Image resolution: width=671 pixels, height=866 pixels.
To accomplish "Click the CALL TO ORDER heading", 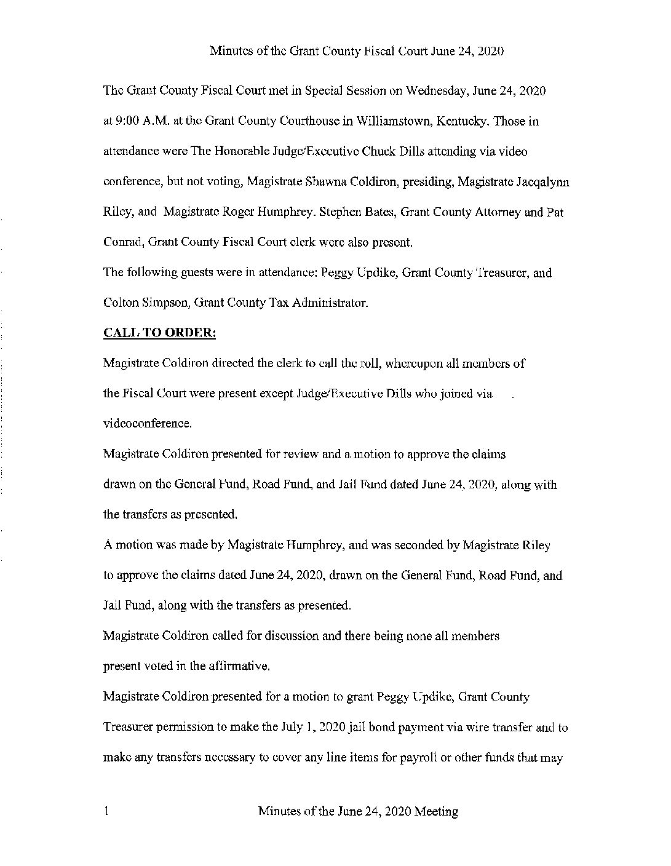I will pos(159,333).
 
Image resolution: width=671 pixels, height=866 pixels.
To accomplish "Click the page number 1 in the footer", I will pos(106,812).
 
